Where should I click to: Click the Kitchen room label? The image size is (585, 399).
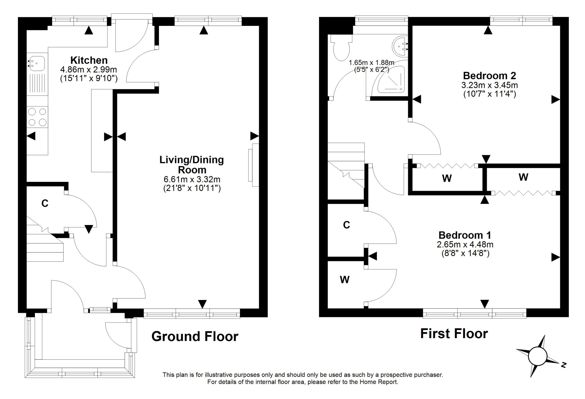coord(89,60)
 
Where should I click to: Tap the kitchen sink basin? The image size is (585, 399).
coord(37,63)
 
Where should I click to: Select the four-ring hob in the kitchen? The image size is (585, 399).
coord(37,117)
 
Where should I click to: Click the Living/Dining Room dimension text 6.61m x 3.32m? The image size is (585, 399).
coord(192,179)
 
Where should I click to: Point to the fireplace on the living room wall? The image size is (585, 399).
coord(253,165)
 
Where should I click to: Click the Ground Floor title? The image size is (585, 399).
coord(195,336)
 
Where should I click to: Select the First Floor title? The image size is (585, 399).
coord(454,334)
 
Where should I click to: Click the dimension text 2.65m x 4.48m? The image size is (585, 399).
coord(465,244)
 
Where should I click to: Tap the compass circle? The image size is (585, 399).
coord(538,356)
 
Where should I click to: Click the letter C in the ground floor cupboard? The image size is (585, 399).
coord(45,203)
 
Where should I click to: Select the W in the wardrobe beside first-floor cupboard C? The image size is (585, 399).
coord(345,280)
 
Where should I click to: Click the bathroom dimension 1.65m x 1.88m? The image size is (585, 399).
coord(371,62)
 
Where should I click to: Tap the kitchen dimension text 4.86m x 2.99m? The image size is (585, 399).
coord(89,69)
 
